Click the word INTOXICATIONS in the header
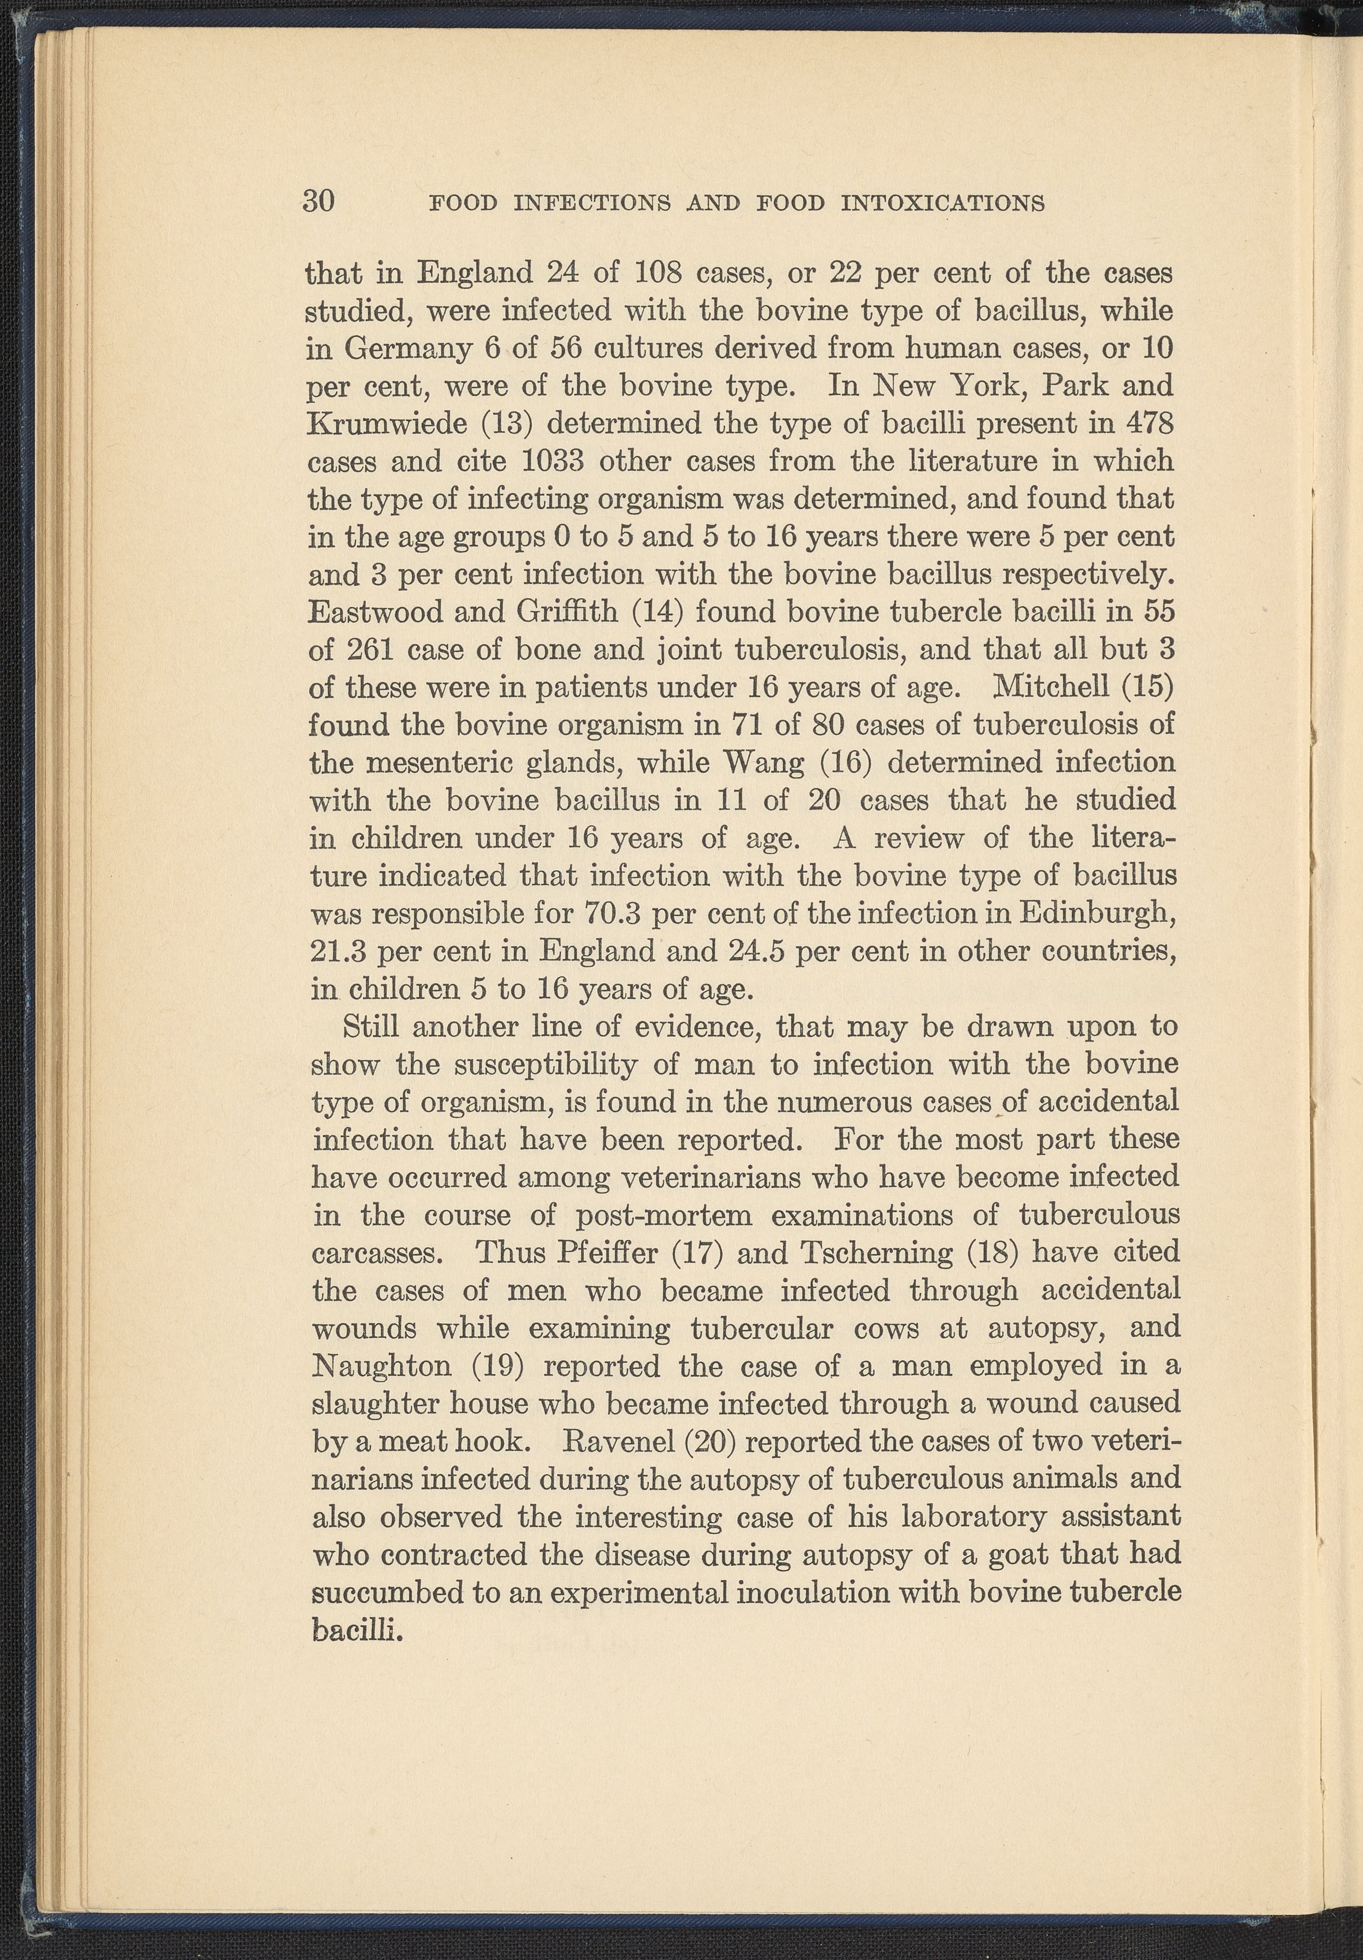point(943,203)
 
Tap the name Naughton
point(382,1366)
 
